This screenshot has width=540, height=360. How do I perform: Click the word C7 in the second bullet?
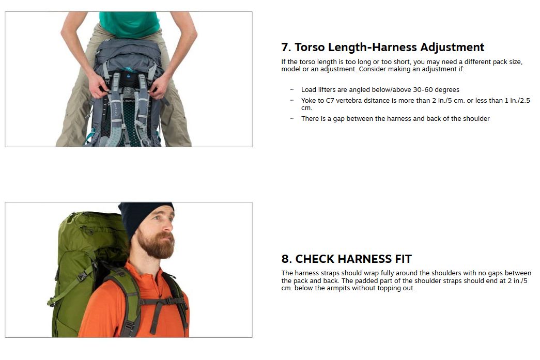point(330,101)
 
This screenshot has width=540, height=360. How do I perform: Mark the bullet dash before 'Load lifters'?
point(291,89)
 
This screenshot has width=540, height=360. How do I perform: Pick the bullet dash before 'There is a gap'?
point(291,118)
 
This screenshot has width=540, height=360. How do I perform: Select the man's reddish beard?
point(156,244)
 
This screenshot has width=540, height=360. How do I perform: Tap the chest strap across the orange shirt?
point(161,302)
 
